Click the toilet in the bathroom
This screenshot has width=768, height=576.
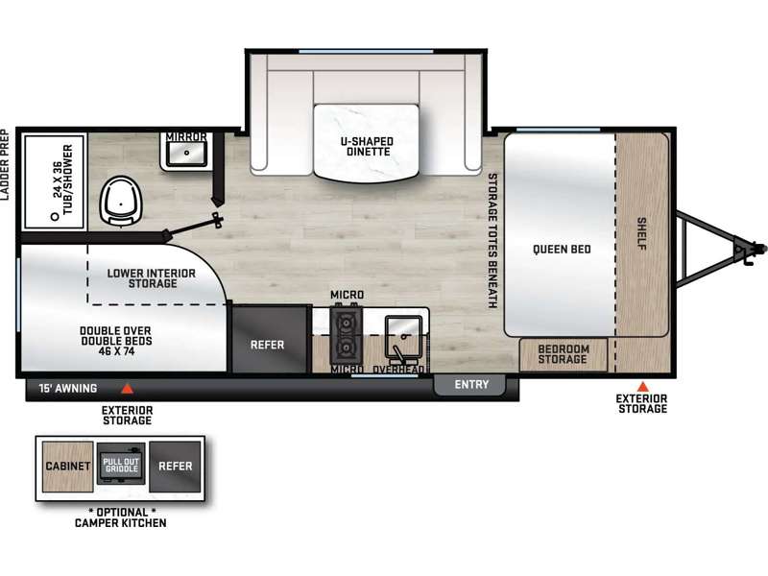(x=121, y=201)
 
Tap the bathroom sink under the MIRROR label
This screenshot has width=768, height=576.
(x=186, y=154)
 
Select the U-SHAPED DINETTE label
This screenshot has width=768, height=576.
(x=368, y=147)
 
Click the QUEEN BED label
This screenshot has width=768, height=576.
(x=562, y=250)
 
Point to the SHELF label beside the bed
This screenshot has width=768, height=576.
(x=641, y=233)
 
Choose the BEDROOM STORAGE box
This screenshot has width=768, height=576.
(x=564, y=354)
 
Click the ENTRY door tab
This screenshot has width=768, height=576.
(x=469, y=385)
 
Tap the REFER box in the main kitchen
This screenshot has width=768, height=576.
(x=269, y=340)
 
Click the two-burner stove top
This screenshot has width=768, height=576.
(x=347, y=333)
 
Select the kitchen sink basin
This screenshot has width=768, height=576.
(x=403, y=337)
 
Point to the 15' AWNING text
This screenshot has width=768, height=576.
(x=67, y=389)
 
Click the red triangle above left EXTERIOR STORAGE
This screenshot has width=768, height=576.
(x=128, y=389)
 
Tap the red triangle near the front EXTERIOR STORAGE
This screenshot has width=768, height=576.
(x=642, y=387)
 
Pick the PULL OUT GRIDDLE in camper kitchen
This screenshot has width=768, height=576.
(x=121, y=464)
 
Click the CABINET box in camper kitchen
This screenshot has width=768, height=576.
(x=67, y=467)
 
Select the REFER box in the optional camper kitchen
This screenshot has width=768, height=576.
(x=175, y=467)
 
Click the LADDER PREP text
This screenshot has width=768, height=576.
(x=5, y=164)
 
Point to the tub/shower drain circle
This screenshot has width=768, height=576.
(x=55, y=216)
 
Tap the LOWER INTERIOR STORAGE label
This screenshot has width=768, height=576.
(x=152, y=278)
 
